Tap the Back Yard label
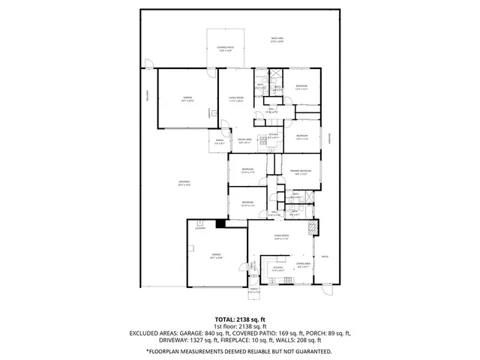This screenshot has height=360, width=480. [x=277, y=40]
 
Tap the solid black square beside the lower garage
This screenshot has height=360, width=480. [x=220, y=223]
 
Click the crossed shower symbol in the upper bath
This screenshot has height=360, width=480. [x=275, y=74]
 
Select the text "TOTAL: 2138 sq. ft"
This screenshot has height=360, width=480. [x=240, y=319]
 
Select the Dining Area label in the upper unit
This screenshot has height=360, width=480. [x=244, y=140]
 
